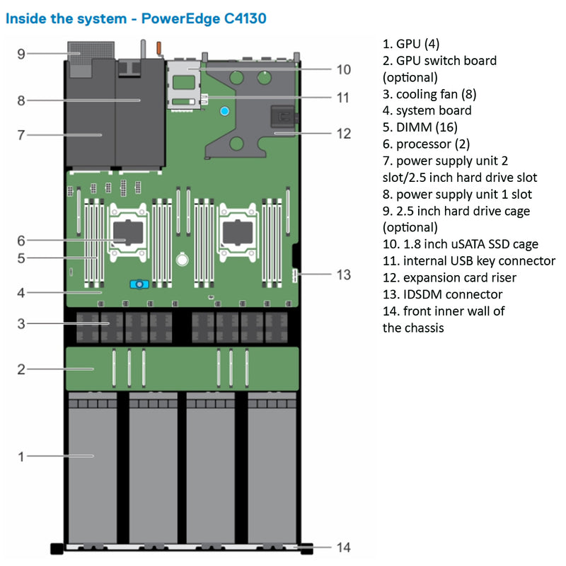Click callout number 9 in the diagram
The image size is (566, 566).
[21, 53]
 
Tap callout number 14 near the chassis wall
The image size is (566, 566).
[343, 547]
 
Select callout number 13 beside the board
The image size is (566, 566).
[343, 275]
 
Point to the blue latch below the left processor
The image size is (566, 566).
[139, 284]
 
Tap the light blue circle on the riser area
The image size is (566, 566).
[224, 110]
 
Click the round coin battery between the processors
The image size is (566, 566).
[183, 260]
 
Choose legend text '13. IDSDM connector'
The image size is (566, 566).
[442, 294]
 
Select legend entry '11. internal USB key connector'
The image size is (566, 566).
[468, 261]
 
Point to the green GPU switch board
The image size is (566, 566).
[182, 368]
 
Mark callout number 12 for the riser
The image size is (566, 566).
[343, 132]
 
